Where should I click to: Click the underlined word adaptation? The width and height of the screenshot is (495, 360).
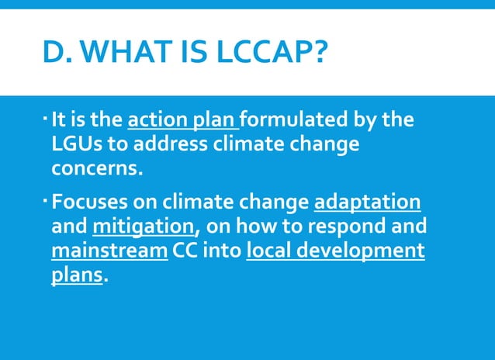368,203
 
